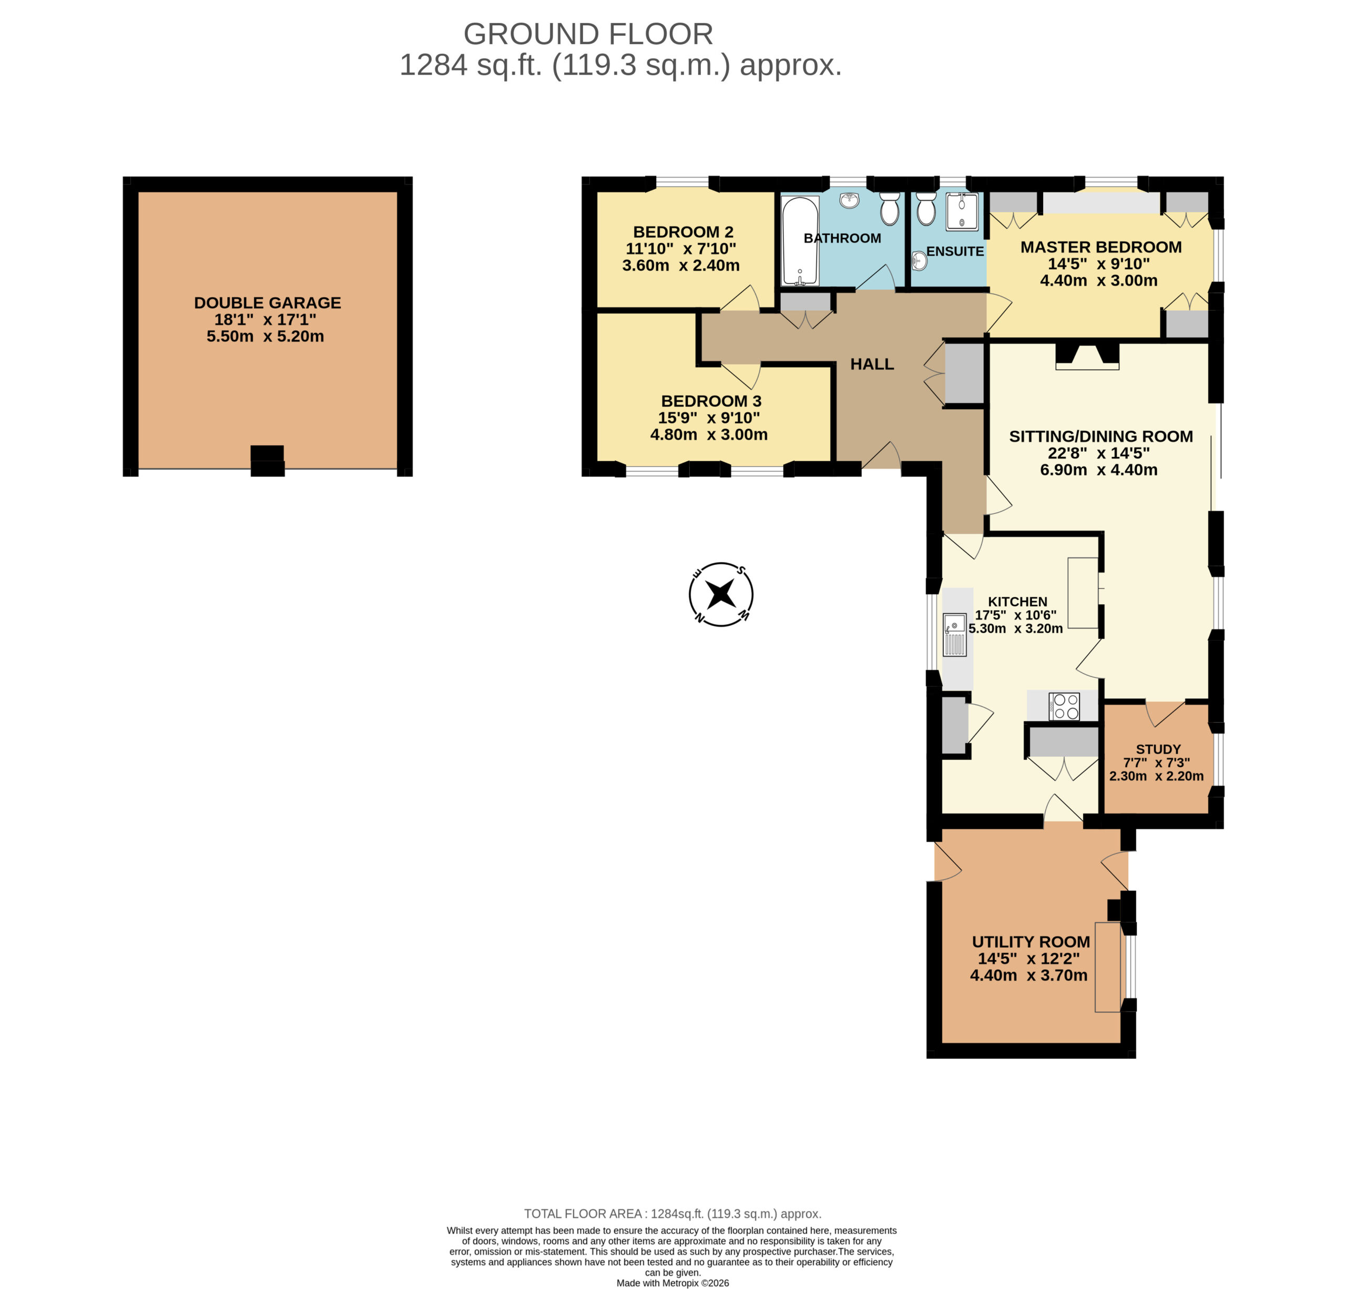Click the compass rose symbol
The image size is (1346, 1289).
721,594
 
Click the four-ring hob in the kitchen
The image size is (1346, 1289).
1064,707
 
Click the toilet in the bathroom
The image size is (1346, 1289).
890,208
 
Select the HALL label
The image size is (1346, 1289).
872,364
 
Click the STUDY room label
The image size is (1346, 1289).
1158,749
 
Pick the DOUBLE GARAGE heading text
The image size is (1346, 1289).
268,303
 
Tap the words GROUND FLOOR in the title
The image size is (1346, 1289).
588,34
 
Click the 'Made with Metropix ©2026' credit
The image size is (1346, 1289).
673,1283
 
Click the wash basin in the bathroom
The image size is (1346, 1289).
850,200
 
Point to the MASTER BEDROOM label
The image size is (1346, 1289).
1101,247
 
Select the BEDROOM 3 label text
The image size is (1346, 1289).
711,401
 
